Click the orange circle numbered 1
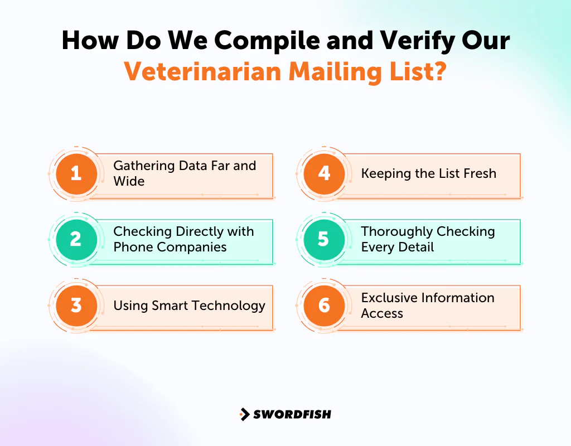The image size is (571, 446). (76, 173)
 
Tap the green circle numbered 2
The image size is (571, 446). (76, 239)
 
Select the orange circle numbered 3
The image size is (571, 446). (76, 306)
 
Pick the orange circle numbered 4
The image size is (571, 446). (324, 173)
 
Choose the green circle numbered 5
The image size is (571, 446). (324, 239)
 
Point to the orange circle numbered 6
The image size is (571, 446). (324, 306)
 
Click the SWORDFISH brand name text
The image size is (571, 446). (292, 414)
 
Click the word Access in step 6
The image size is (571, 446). (382, 313)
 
